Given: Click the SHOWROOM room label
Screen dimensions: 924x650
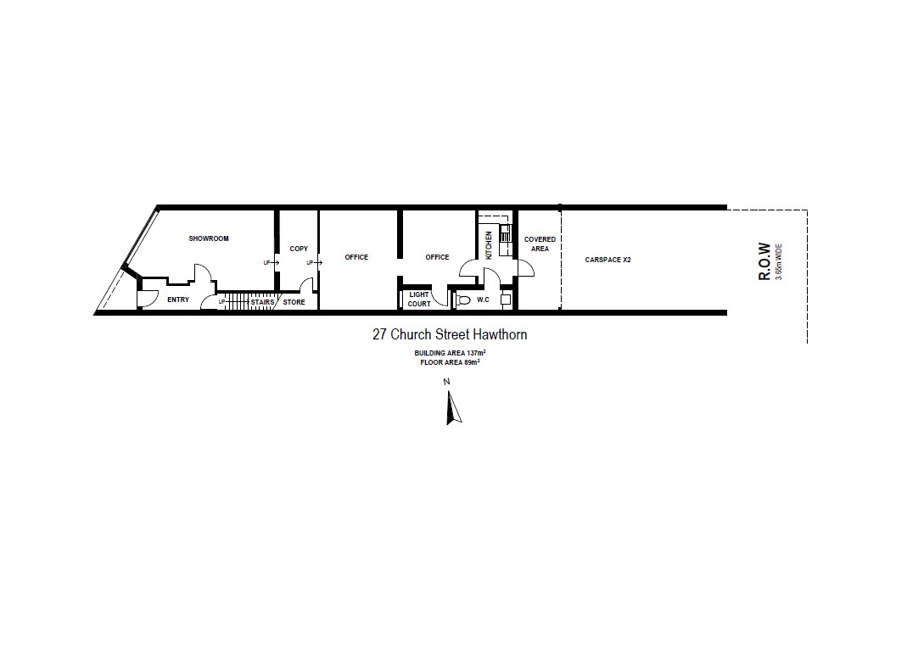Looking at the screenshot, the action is [x=209, y=238].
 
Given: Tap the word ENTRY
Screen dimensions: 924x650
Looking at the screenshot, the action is [x=178, y=300].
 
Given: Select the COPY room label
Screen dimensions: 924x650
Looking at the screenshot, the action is [x=299, y=249].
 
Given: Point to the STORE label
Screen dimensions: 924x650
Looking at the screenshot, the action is [x=294, y=302].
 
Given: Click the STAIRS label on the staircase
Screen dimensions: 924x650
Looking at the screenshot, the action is [x=262, y=302].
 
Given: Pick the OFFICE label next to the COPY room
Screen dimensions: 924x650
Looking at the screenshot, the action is [x=356, y=257].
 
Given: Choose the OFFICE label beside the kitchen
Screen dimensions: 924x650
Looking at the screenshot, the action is [x=437, y=257].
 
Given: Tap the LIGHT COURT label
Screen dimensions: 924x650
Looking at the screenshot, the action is [x=419, y=300].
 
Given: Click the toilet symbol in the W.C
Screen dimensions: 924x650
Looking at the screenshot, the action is [x=463, y=300].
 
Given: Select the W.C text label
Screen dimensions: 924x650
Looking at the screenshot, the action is [x=484, y=300].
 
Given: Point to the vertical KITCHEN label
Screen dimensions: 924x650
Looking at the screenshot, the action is [x=489, y=245].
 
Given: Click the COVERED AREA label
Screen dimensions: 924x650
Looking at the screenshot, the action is [x=540, y=244].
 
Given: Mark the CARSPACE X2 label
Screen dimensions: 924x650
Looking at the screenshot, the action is [x=608, y=260].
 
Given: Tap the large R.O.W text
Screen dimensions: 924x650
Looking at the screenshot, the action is [x=764, y=261].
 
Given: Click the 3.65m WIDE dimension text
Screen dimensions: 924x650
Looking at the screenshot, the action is [x=779, y=261].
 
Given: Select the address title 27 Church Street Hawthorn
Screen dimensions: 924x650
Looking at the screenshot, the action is [x=450, y=334].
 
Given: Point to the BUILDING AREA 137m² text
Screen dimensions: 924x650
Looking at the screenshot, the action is [x=450, y=353].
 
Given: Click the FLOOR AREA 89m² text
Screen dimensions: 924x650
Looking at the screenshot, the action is [x=450, y=362].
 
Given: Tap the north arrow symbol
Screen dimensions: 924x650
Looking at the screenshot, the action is [x=452, y=407].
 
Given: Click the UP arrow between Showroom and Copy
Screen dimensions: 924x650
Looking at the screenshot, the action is [x=275, y=263].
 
